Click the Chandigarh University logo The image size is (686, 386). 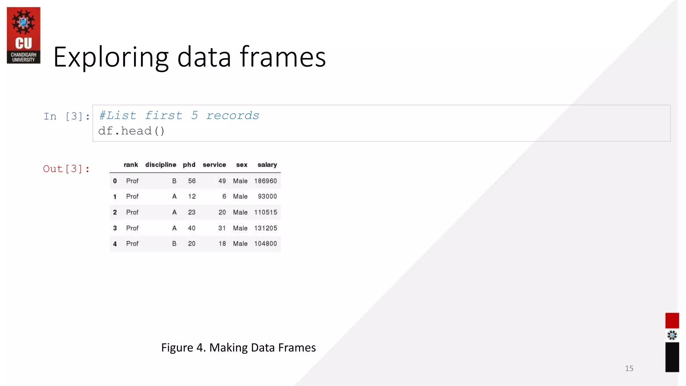pyautogui.click(x=23, y=35)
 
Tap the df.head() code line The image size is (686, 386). pyautogui.click(x=131, y=131)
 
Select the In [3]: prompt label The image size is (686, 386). pyautogui.click(x=67, y=116)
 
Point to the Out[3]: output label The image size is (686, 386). pyautogui.click(x=66, y=169)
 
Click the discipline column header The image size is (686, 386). pyautogui.click(x=160, y=165)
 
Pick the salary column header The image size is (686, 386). pyautogui.click(x=267, y=165)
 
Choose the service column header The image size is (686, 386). pyautogui.click(x=214, y=165)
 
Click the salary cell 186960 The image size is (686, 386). pyautogui.click(x=265, y=181)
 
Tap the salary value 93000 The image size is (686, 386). pyautogui.click(x=267, y=196)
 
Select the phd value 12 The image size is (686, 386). pyautogui.click(x=192, y=196)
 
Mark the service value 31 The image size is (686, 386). pyautogui.click(x=222, y=228)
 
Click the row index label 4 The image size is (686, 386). pyautogui.click(x=115, y=244)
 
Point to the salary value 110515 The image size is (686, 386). pyautogui.click(x=265, y=212)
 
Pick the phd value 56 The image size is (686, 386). pyautogui.click(x=192, y=181)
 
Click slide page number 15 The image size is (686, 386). pyautogui.click(x=629, y=368)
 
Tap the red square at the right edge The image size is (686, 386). pyautogui.click(x=672, y=320)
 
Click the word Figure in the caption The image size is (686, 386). pyautogui.click(x=177, y=347)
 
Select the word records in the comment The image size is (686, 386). pyautogui.click(x=232, y=116)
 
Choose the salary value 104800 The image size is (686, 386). pyautogui.click(x=265, y=244)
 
